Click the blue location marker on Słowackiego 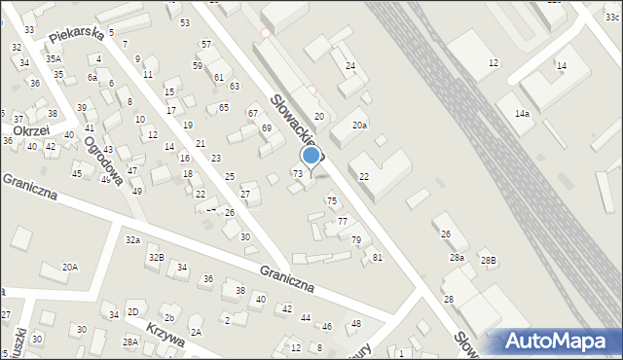pyautogui.click(x=311, y=155)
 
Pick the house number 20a pyautogui.click(x=359, y=125)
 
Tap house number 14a pyautogui.click(x=522, y=113)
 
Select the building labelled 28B pyautogui.click(x=488, y=260)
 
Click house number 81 pyautogui.click(x=377, y=257)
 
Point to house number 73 pyautogui.click(x=298, y=173)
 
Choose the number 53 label pyautogui.click(x=185, y=22)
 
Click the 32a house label pyautogui.click(x=132, y=239)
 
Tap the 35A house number pyautogui.click(x=54, y=58)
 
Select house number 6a pyautogui.click(x=92, y=77)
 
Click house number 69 pyautogui.click(x=266, y=127)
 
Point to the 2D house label pyautogui.click(x=132, y=311)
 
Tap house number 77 pyautogui.click(x=343, y=222)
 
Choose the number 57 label pyautogui.click(x=205, y=45)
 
